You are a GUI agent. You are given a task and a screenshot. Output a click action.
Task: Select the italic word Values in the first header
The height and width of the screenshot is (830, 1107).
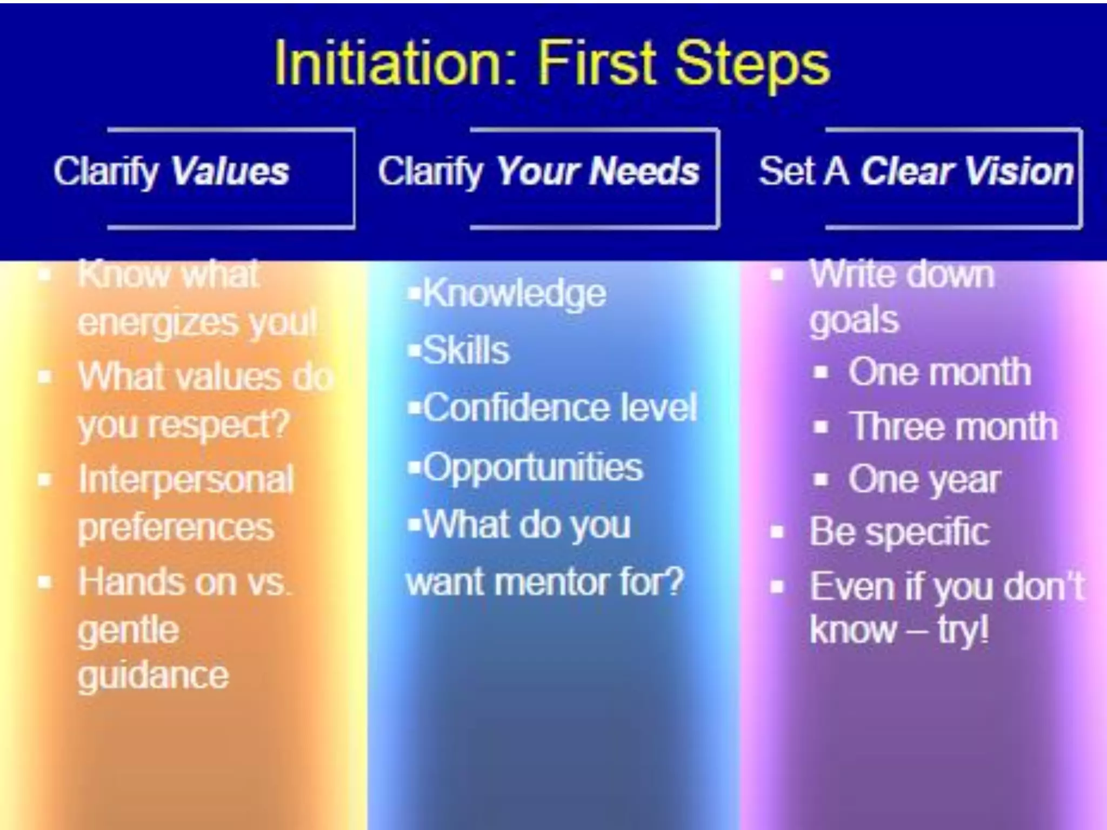(230, 171)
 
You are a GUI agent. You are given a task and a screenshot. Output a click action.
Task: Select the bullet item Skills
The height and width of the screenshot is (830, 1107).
(465, 350)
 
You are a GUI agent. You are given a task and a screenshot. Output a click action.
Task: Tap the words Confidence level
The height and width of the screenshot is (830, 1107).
(559, 407)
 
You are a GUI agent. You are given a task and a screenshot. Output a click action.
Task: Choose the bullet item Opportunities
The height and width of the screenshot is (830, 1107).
(532, 467)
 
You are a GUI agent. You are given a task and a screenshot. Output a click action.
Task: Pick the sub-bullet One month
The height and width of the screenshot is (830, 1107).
(939, 372)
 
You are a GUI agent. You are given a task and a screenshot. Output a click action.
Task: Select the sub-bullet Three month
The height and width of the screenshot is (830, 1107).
(952, 426)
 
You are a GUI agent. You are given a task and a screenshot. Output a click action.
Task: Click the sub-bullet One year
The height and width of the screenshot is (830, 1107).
(924, 480)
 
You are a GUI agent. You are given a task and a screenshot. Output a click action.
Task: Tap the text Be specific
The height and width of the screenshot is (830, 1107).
(899, 532)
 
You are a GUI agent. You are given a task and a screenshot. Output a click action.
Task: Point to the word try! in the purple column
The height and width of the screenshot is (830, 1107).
(963, 630)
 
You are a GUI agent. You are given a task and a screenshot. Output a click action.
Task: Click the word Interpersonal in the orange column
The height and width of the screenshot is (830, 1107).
(186, 480)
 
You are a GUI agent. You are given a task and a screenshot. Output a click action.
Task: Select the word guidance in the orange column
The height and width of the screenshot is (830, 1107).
(153, 675)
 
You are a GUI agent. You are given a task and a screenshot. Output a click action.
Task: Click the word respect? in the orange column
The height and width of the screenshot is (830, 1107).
(219, 425)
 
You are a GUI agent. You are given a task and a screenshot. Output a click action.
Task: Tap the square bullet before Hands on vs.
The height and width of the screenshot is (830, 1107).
(45, 583)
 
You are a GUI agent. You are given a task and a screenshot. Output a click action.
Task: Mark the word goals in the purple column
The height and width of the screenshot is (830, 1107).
(854, 320)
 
